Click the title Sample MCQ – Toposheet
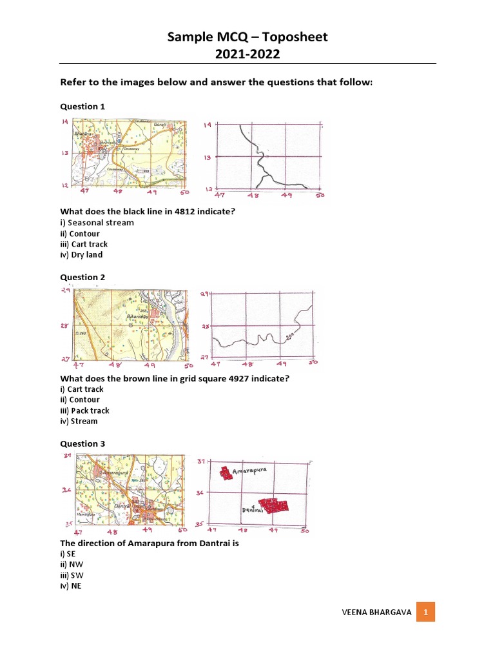247,37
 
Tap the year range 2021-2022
247,54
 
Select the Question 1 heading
82,107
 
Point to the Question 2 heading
82,278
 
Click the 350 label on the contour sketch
290,336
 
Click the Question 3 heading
82,444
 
